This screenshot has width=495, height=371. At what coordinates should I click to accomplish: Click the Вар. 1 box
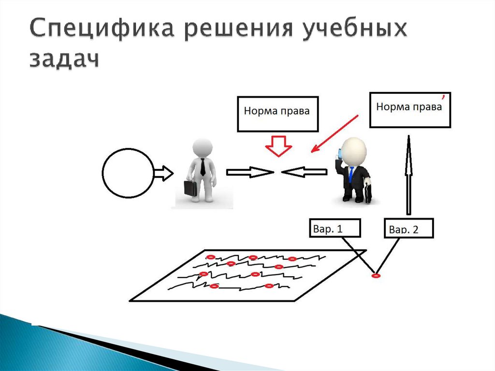pyautogui.click(x=335, y=228)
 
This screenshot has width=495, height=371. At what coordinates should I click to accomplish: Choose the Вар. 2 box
pyautogui.click(x=408, y=228)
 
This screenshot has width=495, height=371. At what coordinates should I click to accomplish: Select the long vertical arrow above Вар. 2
pyautogui.click(x=408, y=174)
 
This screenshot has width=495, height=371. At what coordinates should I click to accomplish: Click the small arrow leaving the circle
pyautogui.click(x=163, y=172)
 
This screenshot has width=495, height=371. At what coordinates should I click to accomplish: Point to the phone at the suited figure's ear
pyautogui.click(x=340, y=154)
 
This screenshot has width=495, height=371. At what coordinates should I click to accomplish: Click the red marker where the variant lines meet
pyautogui.click(x=375, y=276)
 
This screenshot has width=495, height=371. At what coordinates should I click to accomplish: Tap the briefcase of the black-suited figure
pyautogui.click(x=368, y=192)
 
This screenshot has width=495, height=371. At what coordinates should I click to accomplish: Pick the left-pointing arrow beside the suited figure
pyautogui.click(x=305, y=172)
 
